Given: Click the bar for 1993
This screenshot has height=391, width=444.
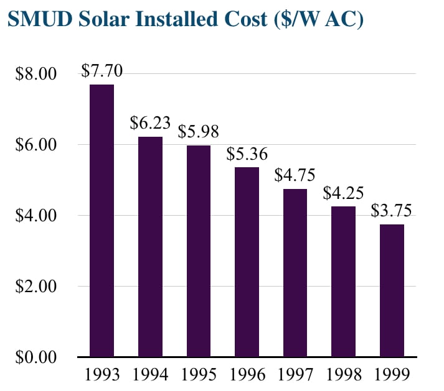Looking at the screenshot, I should pyautogui.click(x=102, y=221).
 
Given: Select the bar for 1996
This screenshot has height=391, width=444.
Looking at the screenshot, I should pyautogui.click(x=247, y=262).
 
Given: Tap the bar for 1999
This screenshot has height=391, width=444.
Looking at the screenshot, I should pyautogui.click(x=392, y=290).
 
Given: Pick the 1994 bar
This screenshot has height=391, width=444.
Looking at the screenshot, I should pyautogui.click(x=150, y=247).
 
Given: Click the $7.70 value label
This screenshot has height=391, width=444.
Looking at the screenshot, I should pyautogui.click(x=102, y=71).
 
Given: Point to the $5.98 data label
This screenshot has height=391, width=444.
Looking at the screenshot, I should pyautogui.click(x=199, y=132).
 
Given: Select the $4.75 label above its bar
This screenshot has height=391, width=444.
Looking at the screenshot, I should pyautogui.click(x=295, y=175).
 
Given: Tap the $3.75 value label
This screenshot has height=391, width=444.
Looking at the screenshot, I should pyautogui.click(x=392, y=211).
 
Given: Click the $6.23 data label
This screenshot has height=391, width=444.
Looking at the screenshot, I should pyautogui.click(x=150, y=123).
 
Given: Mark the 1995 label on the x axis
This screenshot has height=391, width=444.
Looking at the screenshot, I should pyautogui.click(x=199, y=375).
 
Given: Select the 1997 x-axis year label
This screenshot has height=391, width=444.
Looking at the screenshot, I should pyautogui.click(x=295, y=375).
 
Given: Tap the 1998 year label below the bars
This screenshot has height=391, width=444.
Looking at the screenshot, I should pyautogui.click(x=344, y=375).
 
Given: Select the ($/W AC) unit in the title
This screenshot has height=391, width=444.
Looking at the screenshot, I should pyautogui.click(x=317, y=19).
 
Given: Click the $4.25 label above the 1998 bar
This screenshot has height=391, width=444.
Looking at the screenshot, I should pyautogui.click(x=344, y=193).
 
